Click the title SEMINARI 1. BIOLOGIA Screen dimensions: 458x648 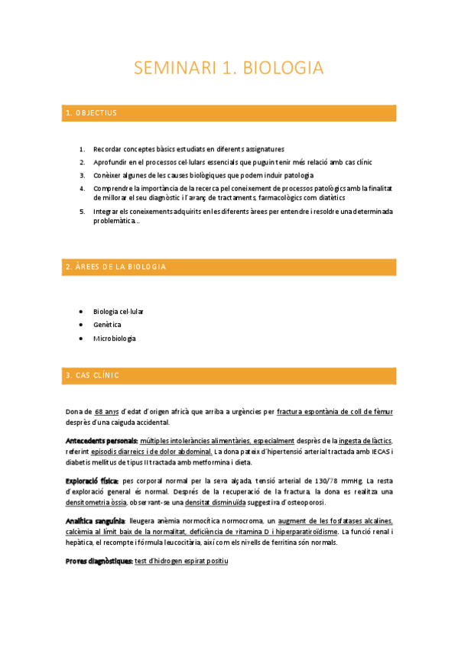(x=229, y=68)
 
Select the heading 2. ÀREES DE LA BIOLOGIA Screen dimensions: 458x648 (x=115, y=267)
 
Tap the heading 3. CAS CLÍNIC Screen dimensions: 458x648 (x=92, y=375)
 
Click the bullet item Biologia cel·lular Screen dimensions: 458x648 (x=118, y=311)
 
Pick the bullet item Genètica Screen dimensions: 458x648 (x=107, y=325)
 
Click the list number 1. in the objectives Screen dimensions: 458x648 (x=82, y=149)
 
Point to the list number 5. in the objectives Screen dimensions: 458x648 (x=82, y=211)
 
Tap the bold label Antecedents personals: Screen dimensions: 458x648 (x=101, y=441)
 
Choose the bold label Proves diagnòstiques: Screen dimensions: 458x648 (x=99, y=561)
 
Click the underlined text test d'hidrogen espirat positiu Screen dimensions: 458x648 (x=181, y=561)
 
